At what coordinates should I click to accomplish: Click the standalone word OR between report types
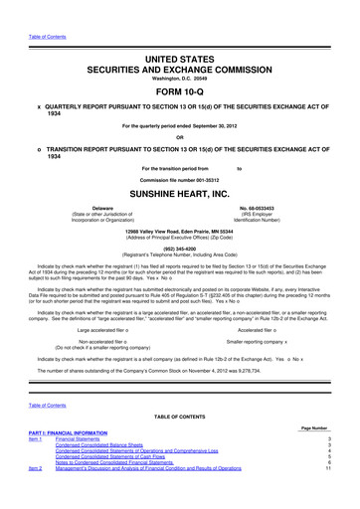coord(180,137)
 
